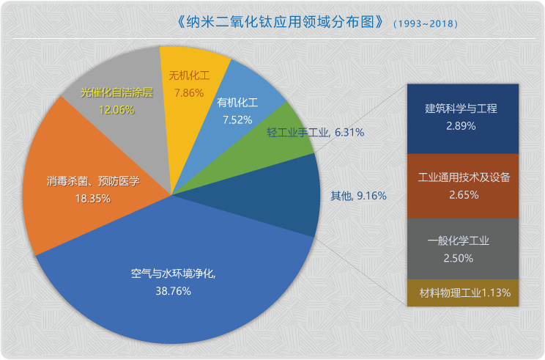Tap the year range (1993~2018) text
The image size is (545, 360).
tap(426, 23)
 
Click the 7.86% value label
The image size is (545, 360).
tap(189, 93)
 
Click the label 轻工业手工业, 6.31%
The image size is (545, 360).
tap(316, 133)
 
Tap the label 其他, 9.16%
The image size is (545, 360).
tap(358, 196)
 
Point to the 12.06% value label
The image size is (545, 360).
tap(116, 109)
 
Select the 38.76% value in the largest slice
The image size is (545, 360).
tap(173, 291)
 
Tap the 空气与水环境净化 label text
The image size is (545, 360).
tap(173, 274)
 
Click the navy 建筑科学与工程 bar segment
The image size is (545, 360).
tap(461, 118)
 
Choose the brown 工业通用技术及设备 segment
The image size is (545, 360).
tap(461, 185)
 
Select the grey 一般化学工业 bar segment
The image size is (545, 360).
tap(461, 249)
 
